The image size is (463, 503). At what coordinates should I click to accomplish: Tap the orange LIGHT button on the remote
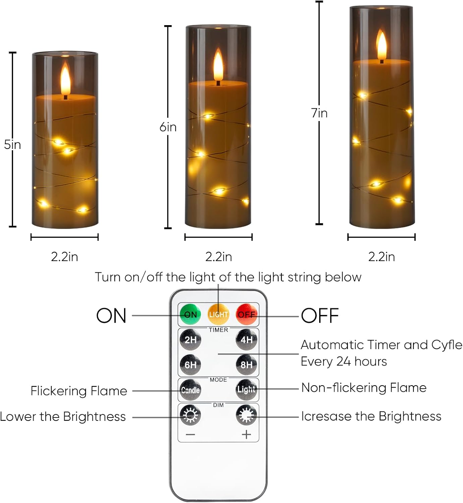218,314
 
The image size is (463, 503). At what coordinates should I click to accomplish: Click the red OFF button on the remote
246,314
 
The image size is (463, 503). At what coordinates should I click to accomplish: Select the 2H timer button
190,339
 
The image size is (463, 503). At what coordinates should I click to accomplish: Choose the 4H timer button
246,339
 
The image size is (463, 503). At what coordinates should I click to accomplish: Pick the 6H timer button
190,365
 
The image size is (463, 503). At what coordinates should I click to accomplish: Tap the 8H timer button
246,365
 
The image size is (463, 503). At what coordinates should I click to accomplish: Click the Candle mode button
190,390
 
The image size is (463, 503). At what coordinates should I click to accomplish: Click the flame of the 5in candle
65,79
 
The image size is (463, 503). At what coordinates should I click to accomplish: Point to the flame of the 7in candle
381,45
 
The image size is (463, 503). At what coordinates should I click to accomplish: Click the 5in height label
12,145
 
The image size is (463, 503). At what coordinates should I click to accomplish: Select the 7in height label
319,113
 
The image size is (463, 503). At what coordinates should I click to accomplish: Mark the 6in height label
168,127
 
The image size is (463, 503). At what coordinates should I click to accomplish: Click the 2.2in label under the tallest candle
382,257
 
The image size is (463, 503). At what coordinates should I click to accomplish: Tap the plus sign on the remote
246,435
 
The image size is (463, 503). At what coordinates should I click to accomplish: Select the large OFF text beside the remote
320,316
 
